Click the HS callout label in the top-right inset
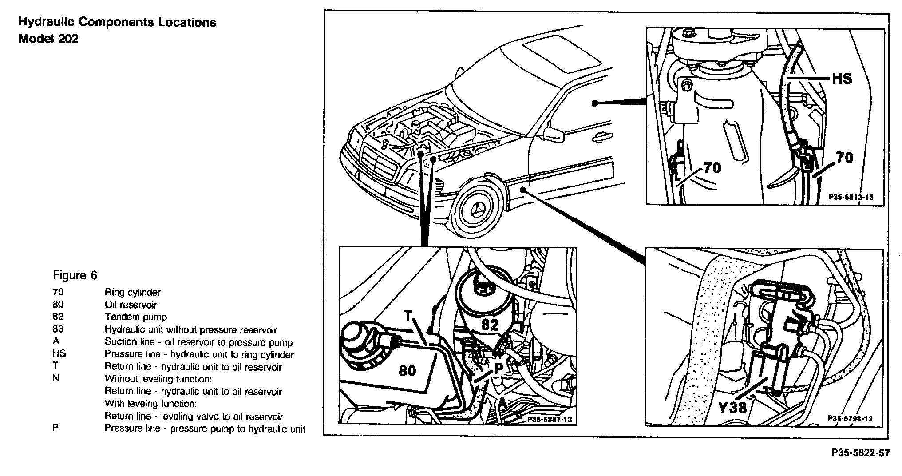(x=842, y=79)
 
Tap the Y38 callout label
(x=732, y=407)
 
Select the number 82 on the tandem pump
(x=490, y=325)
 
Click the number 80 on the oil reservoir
(x=407, y=370)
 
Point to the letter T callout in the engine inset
(x=408, y=316)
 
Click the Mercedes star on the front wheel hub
(x=478, y=212)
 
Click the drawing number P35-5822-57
(x=860, y=453)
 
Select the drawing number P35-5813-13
(x=851, y=197)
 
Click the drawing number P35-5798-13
(x=850, y=418)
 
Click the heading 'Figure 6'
(x=75, y=275)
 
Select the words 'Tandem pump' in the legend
(x=135, y=317)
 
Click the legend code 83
(x=58, y=329)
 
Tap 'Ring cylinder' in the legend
(x=132, y=292)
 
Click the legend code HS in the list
(x=59, y=354)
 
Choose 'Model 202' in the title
(x=48, y=39)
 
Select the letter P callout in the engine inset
(x=498, y=368)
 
